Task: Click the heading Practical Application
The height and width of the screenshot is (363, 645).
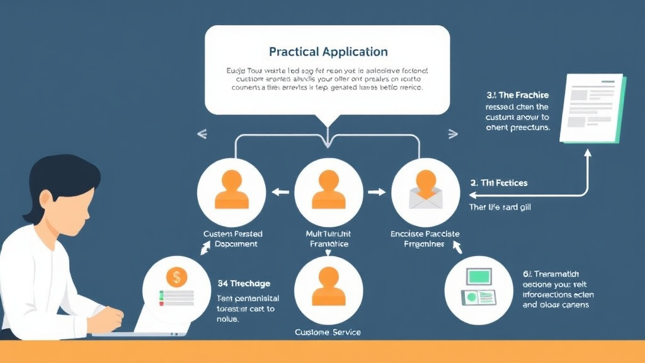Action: click(328, 52)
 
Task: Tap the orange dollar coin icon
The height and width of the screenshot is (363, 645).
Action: click(177, 277)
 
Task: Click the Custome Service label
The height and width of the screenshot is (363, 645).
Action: click(328, 331)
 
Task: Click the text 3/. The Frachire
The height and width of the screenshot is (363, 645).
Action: click(517, 95)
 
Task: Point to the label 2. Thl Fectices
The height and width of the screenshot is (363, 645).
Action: click(498, 183)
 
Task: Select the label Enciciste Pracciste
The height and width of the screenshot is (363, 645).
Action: click(425, 234)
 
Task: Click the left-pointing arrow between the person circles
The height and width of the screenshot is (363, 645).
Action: click(280, 192)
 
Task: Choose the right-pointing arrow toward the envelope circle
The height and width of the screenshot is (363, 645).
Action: click(376, 192)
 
